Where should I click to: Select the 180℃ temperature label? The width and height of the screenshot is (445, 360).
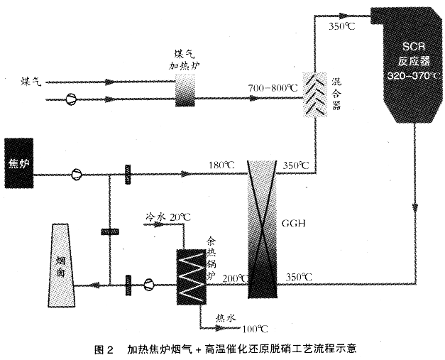click(x=221, y=165)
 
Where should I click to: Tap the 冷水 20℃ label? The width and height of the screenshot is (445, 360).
click(x=167, y=216)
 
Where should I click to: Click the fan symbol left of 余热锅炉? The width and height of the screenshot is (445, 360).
click(x=149, y=285)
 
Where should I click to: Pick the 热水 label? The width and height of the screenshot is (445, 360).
click(x=226, y=317)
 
